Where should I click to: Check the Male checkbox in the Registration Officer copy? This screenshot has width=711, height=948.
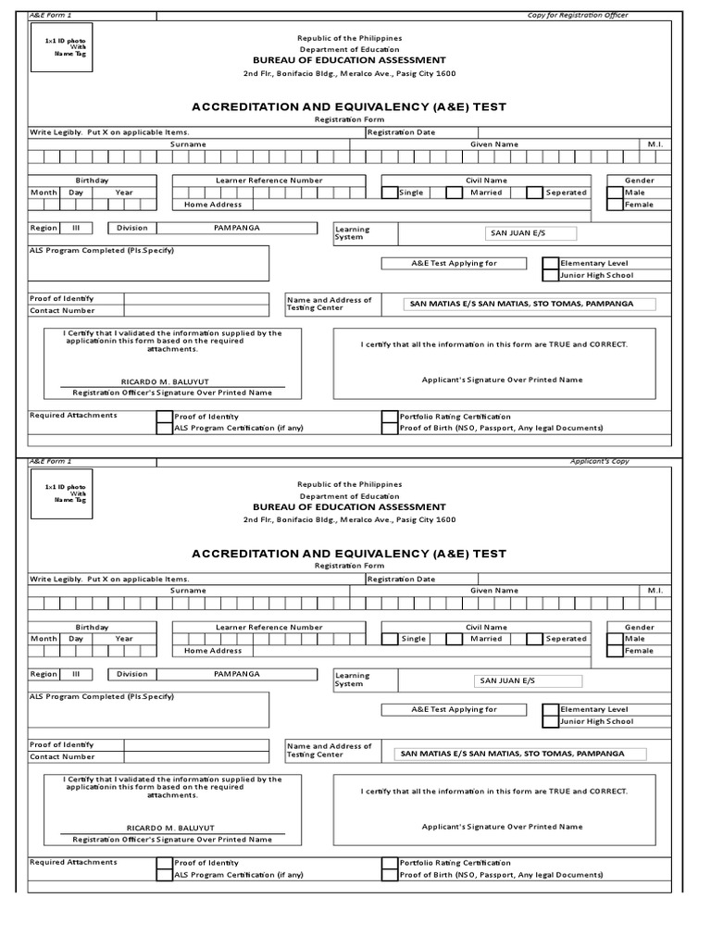(615, 193)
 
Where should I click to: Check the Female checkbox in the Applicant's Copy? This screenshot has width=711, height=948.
(615, 651)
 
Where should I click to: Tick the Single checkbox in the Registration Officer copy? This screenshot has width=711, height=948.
(390, 193)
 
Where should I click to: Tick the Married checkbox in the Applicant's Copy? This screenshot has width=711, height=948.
(454, 639)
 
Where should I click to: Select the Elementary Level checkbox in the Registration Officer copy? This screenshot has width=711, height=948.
(550, 263)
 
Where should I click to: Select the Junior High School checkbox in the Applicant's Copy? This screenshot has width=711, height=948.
(550, 721)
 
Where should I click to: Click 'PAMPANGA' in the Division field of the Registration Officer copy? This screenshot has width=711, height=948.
(236, 227)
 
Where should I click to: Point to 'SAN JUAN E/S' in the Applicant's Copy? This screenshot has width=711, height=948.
(507, 680)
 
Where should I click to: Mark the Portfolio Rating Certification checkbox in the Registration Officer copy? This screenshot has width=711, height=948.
(390, 417)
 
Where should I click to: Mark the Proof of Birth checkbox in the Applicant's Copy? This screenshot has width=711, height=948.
(390, 875)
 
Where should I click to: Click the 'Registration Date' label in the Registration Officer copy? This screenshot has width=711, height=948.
(401, 132)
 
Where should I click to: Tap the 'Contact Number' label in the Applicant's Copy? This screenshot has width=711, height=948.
(62, 756)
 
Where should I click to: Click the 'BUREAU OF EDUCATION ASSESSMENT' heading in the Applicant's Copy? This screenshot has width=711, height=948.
(349, 507)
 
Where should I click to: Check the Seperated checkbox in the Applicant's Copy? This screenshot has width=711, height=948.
(534, 639)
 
